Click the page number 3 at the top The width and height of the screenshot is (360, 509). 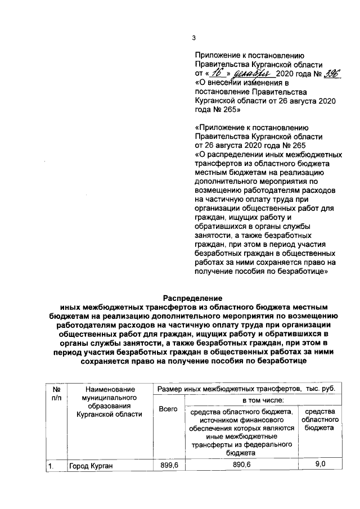[x=194, y=38]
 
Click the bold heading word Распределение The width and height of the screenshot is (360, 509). [x=193, y=298]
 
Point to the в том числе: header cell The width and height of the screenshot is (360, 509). [x=263, y=400]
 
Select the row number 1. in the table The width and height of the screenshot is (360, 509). [x=51, y=466]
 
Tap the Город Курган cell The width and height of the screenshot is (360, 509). [x=91, y=466]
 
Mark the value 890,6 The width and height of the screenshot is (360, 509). [x=242, y=465]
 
